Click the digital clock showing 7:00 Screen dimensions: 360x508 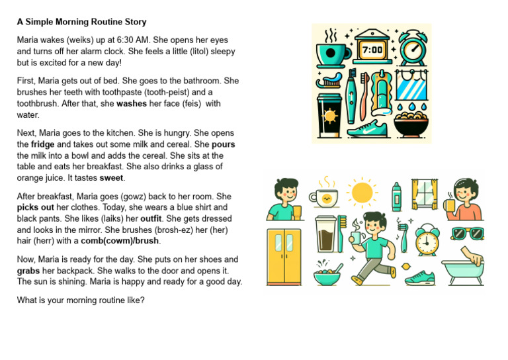coord(371,49)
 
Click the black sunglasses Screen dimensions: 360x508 coord(467,233)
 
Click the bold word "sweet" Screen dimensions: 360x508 coord(112,177)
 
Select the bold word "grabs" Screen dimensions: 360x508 coord(30,271)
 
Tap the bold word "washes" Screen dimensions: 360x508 coord(132,103)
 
